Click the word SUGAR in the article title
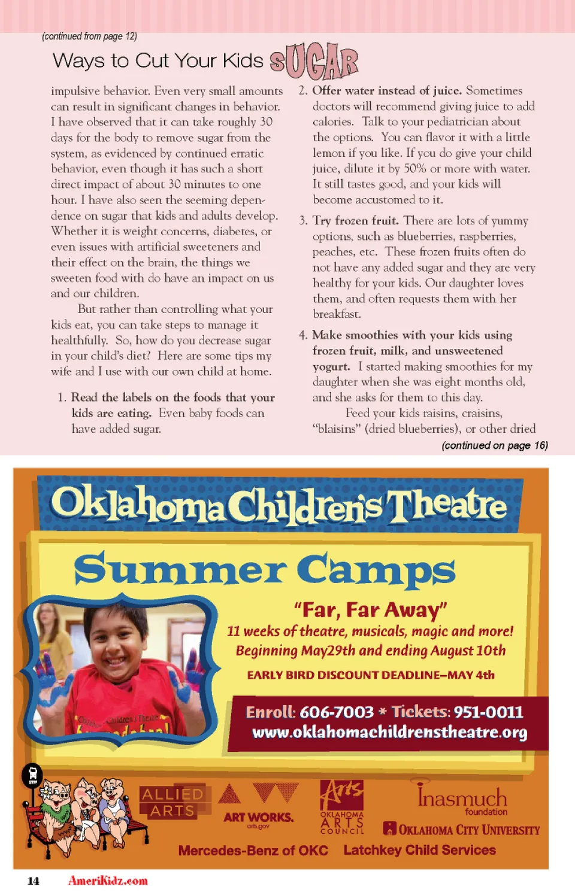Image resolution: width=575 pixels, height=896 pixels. click(x=314, y=62)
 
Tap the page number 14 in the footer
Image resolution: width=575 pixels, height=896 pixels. click(x=34, y=880)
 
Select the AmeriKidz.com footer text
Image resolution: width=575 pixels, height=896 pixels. click(x=108, y=880)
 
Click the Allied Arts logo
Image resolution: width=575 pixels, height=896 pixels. click(x=172, y=801)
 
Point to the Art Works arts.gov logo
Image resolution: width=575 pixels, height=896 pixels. click(x=258, y=806)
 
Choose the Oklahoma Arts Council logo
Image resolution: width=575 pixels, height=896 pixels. click(x=342, y=807)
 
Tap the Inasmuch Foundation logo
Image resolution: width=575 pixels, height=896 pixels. click(x=462, y=798)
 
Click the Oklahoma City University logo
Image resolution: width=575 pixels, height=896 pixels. click(x=462, y=830)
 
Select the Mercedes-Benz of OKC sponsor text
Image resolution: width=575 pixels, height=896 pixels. click(x=253, y=851)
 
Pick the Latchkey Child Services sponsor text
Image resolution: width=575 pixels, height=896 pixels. click(x=419, y=850)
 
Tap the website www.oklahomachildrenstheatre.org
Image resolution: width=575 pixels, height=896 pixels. click(x=389, y=733)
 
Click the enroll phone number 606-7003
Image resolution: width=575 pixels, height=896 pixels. click(x=337, y=712)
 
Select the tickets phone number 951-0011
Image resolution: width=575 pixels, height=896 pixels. click(x=488, y=712)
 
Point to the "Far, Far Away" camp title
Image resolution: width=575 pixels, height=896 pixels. click(x=371, y=610)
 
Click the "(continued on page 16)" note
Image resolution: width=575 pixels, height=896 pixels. click(x=495, y=445)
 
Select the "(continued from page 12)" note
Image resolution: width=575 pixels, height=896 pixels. click(x=89, y=37)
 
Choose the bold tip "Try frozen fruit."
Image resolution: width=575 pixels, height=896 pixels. click(x=355, y=221)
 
